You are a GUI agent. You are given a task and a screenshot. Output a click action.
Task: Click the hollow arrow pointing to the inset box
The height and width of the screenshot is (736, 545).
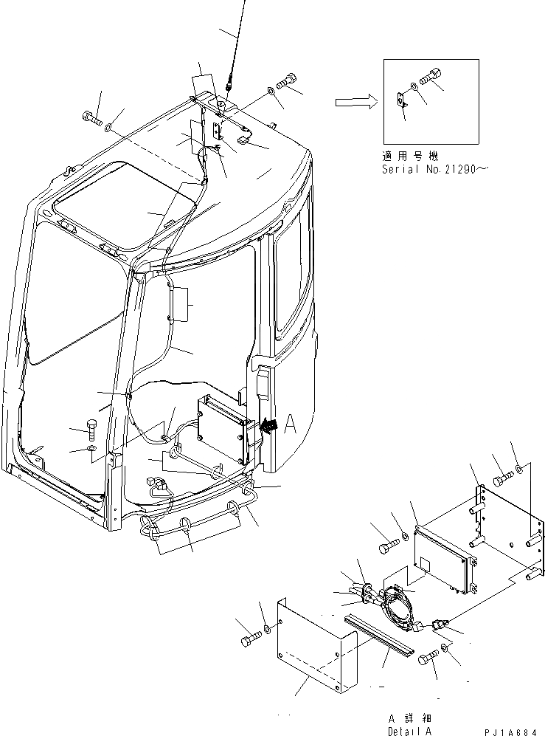[x=353, y=103]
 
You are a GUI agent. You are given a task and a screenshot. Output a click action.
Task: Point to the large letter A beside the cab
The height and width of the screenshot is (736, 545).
[x=289, y=424]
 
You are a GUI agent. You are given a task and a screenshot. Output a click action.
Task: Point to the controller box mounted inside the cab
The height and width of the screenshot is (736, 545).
[x=221, y=429]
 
